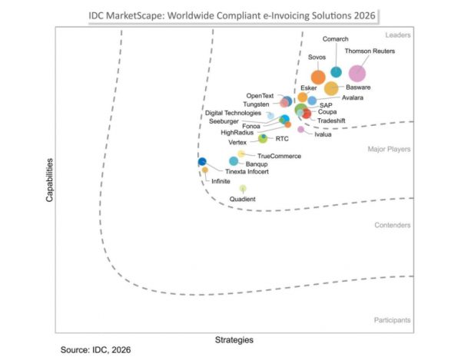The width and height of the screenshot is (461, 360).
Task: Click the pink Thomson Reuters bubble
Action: coord(357,73)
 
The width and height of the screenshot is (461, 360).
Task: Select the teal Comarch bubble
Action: coord(336,71)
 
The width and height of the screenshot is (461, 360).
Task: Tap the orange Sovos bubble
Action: coord(318,78)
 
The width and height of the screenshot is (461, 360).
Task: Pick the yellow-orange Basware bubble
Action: coord(331,88)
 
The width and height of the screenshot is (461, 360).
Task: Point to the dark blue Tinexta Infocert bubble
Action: coord(202,161)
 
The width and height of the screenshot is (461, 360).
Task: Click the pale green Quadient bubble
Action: coord(243,188)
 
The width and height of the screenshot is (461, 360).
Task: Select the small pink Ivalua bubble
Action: coord(300,129)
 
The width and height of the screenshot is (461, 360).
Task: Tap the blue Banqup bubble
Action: coord(234,161)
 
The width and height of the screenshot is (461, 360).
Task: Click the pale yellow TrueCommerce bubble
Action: coord(241,154)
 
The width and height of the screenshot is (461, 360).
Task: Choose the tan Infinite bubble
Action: coord(205,170)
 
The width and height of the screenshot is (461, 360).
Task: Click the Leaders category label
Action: coord(398,35)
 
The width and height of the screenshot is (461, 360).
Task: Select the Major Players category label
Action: coord(389,149)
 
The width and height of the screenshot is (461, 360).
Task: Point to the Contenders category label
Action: coord(392,225)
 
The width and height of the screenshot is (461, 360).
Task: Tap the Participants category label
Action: coord(392,320)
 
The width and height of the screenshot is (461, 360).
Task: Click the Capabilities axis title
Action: coord(49,180)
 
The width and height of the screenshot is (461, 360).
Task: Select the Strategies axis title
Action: coord(234,340)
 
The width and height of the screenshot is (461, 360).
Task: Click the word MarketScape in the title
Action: coord(134,15)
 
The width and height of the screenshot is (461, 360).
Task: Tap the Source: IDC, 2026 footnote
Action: coord(95,350)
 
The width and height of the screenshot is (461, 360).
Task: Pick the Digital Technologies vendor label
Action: coord(233,113)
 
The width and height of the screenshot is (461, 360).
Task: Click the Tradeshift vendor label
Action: coord(331,121)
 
